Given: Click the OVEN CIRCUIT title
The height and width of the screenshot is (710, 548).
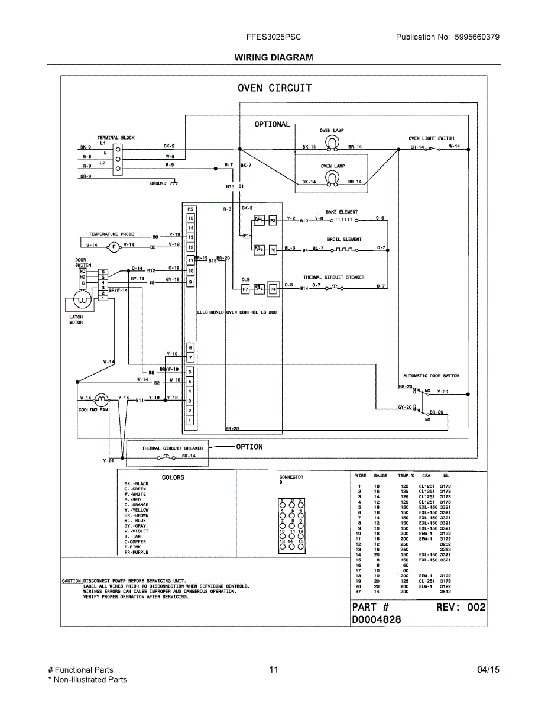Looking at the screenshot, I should click(274, 88).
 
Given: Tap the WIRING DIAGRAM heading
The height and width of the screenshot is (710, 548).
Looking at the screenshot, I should click(274, 57).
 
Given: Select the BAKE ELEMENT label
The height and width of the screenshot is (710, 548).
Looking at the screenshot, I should click(342, 212).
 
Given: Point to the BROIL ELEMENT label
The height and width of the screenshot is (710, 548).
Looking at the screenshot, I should click(344, 240).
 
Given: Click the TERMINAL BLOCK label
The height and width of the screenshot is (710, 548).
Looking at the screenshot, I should click(116, 138).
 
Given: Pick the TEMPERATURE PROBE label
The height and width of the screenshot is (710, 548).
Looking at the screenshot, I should click(111, 234).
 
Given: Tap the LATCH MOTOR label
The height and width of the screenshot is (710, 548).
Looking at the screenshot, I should click(76, 319).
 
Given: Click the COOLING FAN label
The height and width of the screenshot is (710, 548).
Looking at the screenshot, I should click(93, 409).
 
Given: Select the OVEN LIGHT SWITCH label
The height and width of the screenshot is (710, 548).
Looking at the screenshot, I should click(431, 138).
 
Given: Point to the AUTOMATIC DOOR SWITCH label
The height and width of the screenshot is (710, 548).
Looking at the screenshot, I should click(431, 376).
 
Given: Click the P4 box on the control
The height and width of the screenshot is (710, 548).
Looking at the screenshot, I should click(273, 289).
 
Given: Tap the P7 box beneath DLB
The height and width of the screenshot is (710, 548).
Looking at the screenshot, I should click(245, 289).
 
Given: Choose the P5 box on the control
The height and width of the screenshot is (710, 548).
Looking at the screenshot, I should click(190, 209).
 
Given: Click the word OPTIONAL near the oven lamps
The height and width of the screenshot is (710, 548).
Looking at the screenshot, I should click(272, 124).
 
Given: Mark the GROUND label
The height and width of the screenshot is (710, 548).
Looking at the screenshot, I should click(158, 183).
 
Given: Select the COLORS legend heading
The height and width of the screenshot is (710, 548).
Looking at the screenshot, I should click(173, 477).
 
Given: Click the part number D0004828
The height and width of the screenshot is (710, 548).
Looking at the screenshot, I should click(377, 619).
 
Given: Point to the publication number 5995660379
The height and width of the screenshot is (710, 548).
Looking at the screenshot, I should click(477, 37).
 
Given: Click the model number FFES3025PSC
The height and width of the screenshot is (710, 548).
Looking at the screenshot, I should click(274, 37).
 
